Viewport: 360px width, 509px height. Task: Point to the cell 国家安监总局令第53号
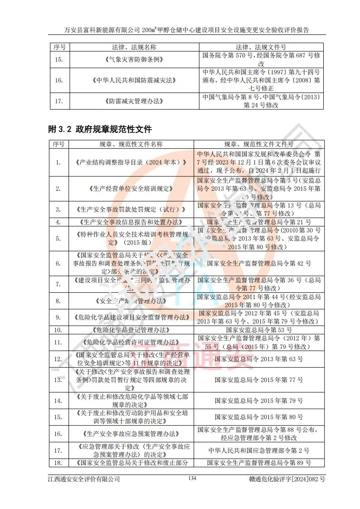coord(259,330)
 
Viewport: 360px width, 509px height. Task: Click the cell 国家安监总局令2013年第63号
coord(259,359)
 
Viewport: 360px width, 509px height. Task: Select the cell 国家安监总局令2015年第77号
coord(259,380)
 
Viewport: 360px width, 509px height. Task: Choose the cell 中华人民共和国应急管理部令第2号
coord(259,451)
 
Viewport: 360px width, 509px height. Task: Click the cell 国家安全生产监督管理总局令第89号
coord(259,463)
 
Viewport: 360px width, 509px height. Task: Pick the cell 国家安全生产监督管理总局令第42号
coord(259,263)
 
